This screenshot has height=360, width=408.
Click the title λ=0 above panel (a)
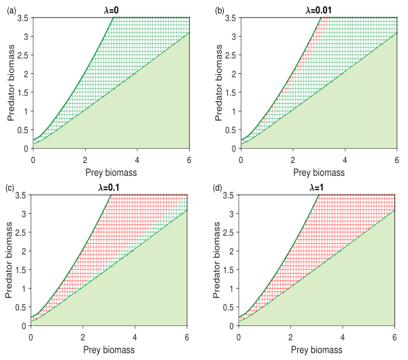point(112,7)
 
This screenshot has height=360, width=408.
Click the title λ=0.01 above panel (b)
point(319,7)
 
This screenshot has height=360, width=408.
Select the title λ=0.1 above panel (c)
point(109,187)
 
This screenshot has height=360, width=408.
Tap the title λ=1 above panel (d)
point(317,187)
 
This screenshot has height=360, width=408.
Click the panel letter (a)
point(10,7)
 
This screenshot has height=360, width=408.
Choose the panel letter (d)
point(217,187)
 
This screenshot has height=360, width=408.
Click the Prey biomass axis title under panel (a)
point(112,173)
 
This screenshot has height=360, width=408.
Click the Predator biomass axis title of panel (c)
point(9,260)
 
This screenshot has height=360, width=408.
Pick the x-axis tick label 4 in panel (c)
point(135,339)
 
